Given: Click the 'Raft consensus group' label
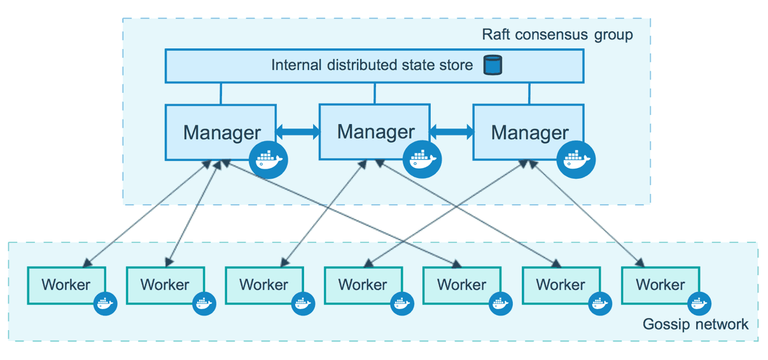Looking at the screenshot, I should (557, 34).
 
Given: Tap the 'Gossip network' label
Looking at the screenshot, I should (695, 324).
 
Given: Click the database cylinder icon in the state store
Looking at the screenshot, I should (492, 65).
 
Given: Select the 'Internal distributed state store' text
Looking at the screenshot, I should (372, 65).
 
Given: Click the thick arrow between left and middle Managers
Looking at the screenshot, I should (297, 132).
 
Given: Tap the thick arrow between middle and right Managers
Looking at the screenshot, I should (452, 132).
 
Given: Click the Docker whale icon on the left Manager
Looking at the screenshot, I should (269, 160).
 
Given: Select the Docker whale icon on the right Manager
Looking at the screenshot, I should (576, 159).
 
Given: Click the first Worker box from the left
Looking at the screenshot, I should (66, 285).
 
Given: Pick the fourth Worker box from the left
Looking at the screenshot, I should (363, 285).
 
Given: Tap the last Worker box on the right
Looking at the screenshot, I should (660, 285).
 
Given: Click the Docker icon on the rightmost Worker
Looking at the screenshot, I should (698, 303).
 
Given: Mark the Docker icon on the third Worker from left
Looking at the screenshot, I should (303, 303).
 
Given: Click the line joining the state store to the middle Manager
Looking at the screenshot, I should (375, 93).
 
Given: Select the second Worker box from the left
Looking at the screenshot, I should (165, 285).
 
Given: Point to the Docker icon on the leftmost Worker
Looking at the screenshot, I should (105, 303).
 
